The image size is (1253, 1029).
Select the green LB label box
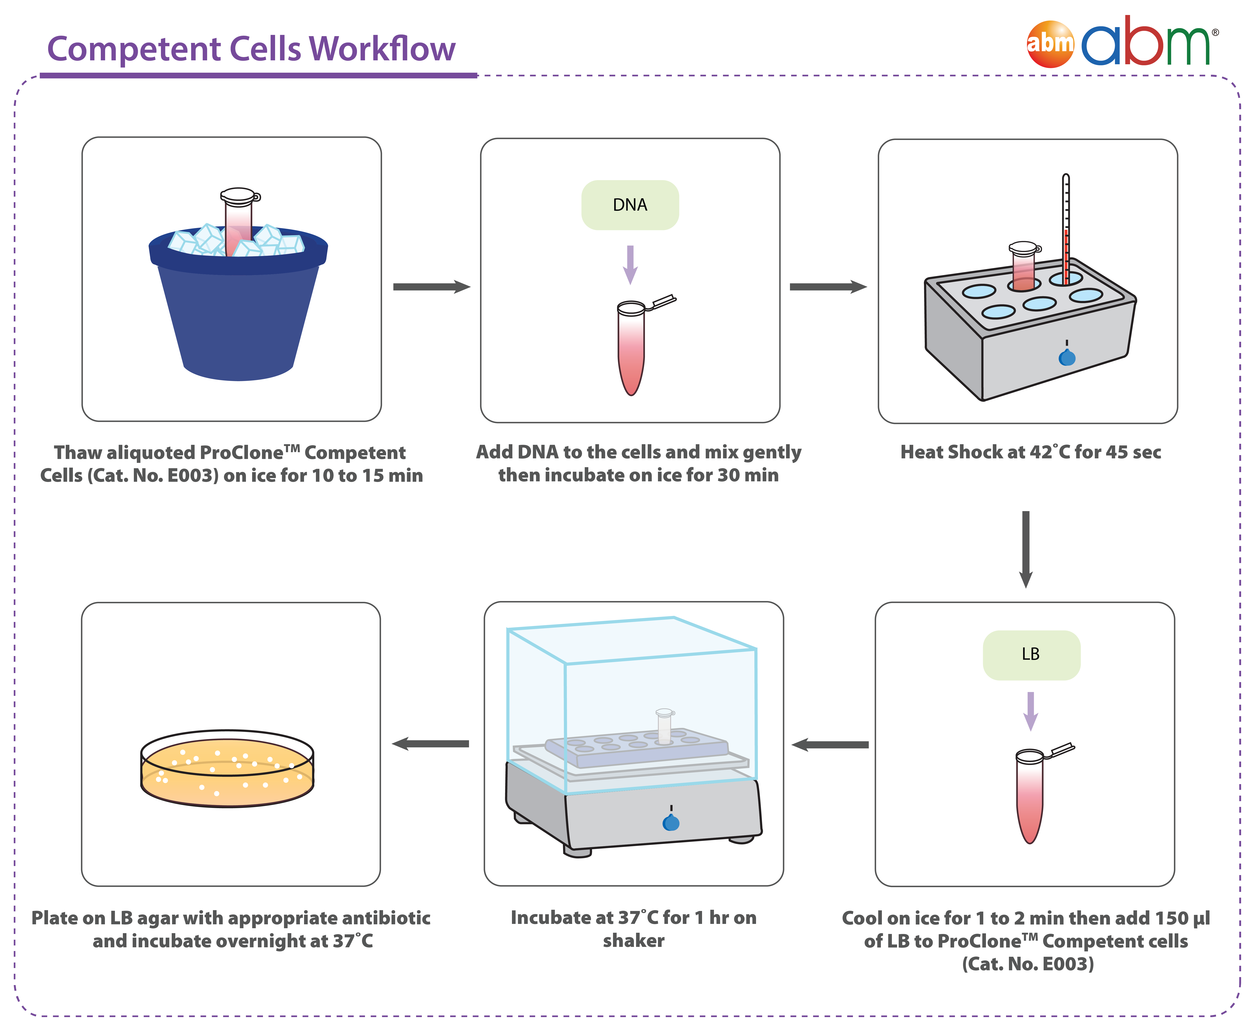[x=1031, y=654]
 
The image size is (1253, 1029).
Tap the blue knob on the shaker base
[x=671, y=823]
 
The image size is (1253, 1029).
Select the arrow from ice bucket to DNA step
[x=431, y=287]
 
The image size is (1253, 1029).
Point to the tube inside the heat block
[x=1024, y=267]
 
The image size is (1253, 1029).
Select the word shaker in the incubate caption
[x=634, y=941]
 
